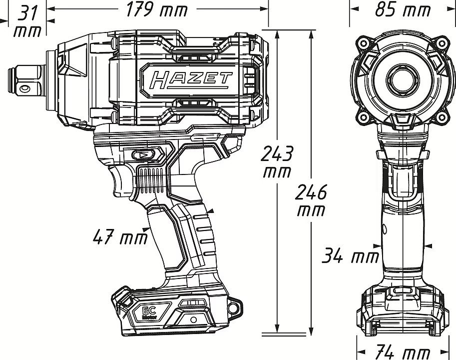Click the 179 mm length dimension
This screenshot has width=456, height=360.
coord(157,9)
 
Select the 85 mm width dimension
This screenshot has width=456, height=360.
coord(403,9)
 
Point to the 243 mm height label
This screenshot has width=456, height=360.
coord(277,162)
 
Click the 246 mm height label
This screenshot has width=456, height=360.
coord(311,200)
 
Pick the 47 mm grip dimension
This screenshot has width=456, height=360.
coord(120,236)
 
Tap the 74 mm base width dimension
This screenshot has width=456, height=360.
coord(403,352)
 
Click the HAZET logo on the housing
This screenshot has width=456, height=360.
coord(191,80)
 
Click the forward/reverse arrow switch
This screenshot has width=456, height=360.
coord(144,155)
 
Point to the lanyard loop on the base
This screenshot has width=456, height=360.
coord(234,307)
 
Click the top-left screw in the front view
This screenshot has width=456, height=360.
coord(363,43)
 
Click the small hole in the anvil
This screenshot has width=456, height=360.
coord(24,88)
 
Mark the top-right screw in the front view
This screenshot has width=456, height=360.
coord(442,43)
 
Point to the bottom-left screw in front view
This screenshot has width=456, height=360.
coord(363,117)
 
